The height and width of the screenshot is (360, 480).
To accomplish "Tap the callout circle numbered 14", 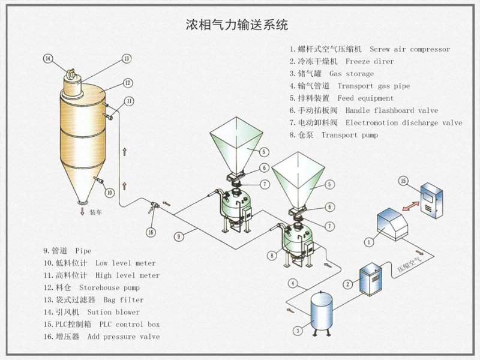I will (x=49, y=59).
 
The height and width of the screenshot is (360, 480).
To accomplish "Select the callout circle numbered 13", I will (x=127, y=59).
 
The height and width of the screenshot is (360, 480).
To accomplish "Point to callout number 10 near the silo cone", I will (x=109, y=193).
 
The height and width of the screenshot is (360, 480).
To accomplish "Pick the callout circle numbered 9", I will (x=178, y=236).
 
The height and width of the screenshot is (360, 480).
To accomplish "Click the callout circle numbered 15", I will (x=403, y=181).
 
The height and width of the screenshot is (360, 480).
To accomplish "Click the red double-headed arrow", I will (x=410, y=206).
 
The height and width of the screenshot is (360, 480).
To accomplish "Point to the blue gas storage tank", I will (x=323, y=310).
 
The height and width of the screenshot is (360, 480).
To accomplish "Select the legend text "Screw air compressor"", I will (x=410, y=49).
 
